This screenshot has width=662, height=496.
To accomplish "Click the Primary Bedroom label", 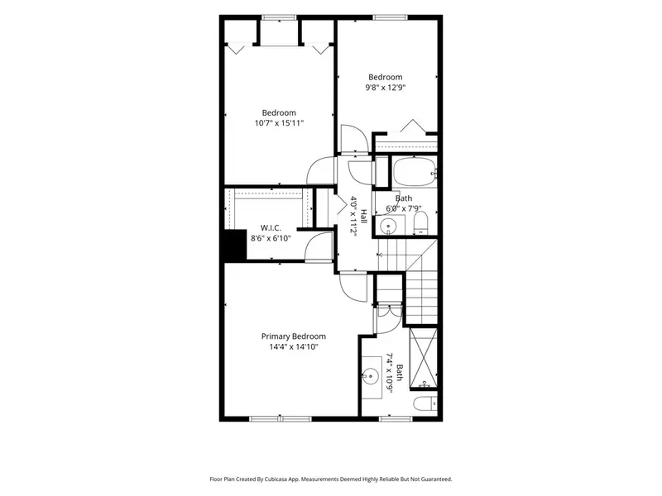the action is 294,336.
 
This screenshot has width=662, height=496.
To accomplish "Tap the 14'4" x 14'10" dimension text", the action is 294,346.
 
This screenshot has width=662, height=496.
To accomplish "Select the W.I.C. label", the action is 271,228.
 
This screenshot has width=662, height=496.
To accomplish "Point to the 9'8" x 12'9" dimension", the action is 386,88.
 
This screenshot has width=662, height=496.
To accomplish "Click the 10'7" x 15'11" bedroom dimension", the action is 279,123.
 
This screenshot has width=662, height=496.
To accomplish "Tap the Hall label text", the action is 363,217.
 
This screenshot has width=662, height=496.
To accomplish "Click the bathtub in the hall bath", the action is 415,171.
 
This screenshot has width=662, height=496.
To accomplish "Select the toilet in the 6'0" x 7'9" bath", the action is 420,222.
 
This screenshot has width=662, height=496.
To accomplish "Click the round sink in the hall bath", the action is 387,227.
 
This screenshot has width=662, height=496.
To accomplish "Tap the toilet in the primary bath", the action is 425,404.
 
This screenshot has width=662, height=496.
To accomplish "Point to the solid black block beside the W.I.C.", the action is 235,245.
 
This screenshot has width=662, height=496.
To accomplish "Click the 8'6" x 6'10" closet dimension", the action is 271,238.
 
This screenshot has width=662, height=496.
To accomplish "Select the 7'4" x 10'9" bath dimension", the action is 390,373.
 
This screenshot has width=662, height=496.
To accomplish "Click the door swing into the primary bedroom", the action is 353,288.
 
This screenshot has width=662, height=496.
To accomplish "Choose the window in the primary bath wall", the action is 396,419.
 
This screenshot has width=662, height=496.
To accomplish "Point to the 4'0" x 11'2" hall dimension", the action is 353,217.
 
